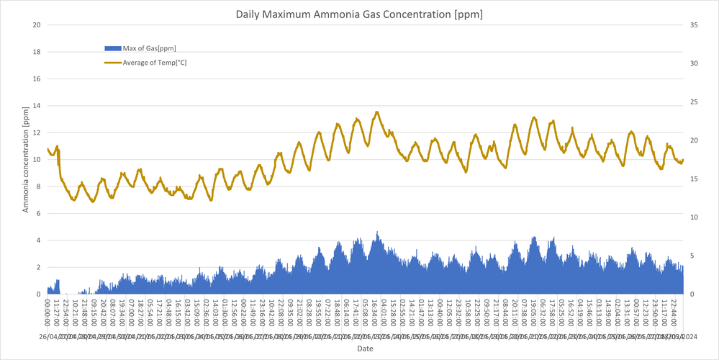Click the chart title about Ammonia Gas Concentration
[x=359, y=14]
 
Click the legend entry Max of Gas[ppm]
[x=149, y=48]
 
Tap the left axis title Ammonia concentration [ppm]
[x=26, y=159]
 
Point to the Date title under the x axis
[x=365, y=348]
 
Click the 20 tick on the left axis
[x=36, y=25]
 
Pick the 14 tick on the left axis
[x=36, y=106]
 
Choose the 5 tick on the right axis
[x=692, y=256]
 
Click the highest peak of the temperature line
[x=377, y=112]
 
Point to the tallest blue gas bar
[x=377, y=233]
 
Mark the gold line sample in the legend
[x=112, y=63]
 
